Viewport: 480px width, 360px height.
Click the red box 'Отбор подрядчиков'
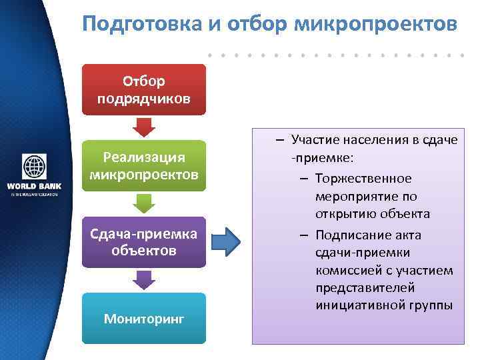click(x=143, y=89)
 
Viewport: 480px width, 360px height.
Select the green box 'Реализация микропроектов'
click(x=143, y=165)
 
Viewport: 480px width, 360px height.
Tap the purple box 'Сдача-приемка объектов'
click(x=143, y=242)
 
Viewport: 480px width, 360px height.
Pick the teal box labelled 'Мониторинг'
click(x=143, y=319)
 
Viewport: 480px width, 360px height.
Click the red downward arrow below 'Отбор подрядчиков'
click(x=143, y=127)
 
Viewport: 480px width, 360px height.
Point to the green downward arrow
click(x=143, y=203)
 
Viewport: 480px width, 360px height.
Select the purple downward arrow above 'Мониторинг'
click(x=143, y=279)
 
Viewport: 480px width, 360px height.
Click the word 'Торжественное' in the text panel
click(x=364, y=179)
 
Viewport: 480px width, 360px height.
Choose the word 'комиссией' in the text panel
click(x=348, y=270)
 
